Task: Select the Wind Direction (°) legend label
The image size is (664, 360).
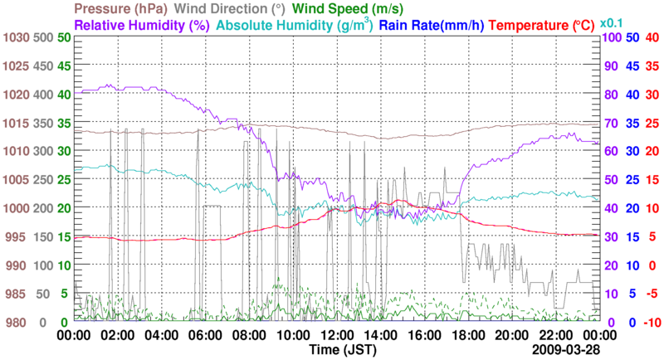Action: [261, 9]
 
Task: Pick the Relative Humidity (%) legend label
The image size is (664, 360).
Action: [141, 25]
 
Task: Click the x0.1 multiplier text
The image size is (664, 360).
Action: [613, 22]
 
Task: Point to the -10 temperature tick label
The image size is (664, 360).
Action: [651, 322]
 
